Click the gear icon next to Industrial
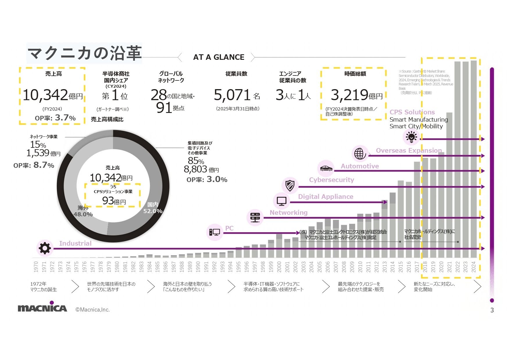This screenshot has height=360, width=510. tap(45, 248)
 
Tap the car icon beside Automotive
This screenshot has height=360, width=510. tap(326, 168)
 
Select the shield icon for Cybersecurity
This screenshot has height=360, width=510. tap(290, 185)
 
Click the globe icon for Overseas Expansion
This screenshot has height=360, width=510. tap(360, 153)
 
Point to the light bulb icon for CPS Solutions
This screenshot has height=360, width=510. tap(411, 137)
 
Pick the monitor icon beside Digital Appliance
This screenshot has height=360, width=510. tap(281, 201)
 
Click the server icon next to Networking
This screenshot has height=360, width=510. tap(255, 217)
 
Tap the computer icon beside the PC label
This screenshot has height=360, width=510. tap(214, 232)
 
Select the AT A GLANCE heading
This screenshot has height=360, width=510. tap(219, 57)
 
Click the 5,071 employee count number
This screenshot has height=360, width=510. tap(232, 95)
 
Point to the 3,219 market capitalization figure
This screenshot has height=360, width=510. tap(349, 95)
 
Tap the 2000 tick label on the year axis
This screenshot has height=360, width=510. tap(279, 267)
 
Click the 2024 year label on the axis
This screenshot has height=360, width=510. tap(474, 267)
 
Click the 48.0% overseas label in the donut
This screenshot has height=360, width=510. tap(83, 214)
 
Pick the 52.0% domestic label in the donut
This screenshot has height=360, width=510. tap(153, 211)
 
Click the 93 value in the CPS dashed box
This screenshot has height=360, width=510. tap(108, 201)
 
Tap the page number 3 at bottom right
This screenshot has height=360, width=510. tap(492, 310)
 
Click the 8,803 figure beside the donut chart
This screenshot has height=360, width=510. tap(195, 169)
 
